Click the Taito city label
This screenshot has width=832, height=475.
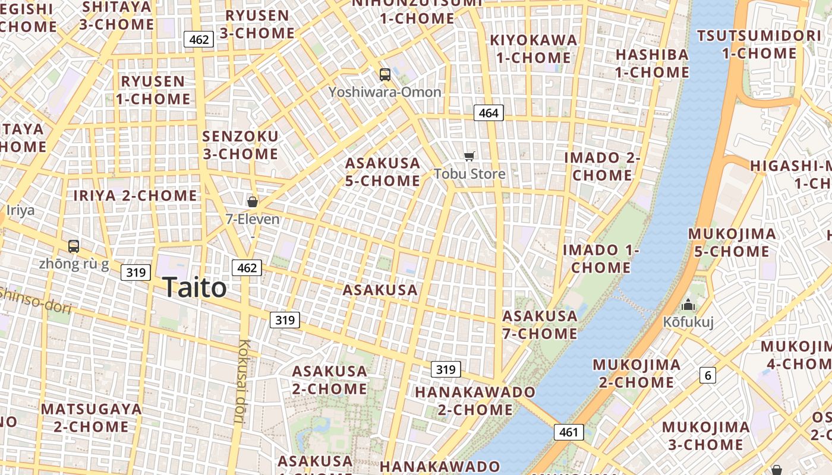click(x=194, y=288)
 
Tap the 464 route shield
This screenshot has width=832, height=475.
click(x=489, y=113)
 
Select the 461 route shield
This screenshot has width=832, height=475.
click(x=569, y=432)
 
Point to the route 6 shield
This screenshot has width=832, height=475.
click(x=707, y=375)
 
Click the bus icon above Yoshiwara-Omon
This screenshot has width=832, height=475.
click(x=385, y=75)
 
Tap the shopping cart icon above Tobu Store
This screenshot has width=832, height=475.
click(x=469, y=156)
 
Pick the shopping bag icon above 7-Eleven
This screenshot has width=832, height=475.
click(x=253, y=202)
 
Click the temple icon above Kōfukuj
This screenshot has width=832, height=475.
click(x=688, y=305)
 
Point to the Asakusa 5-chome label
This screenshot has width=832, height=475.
click(x=383, y=172)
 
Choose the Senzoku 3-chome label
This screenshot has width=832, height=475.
click(x=240, y=145)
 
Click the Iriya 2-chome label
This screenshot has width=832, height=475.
click(x=135, y=195)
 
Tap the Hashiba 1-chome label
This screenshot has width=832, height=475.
click(x=652, y=64)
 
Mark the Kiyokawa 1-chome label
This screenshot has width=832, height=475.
click(x=533, y=49)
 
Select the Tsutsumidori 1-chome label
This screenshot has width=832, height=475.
click(x=759, y=45)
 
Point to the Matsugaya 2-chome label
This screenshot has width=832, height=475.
click(x=92, y=418)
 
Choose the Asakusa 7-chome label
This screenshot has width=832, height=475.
click(x=540, y=325)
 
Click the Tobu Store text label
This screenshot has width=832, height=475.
click(x=469, y=174)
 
